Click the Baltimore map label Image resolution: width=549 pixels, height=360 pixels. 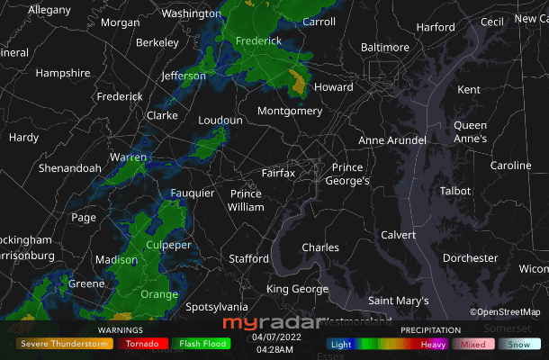[x=384, y=47]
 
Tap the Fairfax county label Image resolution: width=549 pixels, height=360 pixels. [x=278, y=172]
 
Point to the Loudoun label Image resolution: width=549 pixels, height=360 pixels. [x=220, y=120]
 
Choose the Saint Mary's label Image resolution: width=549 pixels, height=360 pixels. [x=399, y=301]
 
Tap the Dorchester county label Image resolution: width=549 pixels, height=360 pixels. [x=470, y=258]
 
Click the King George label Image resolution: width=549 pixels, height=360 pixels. [x=297, y=289]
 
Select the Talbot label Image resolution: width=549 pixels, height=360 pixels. [x=454, y=191]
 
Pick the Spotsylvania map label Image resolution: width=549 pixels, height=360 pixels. [x=216, y=307]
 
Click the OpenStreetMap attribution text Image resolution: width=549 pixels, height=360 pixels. [x=505, y=312]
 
